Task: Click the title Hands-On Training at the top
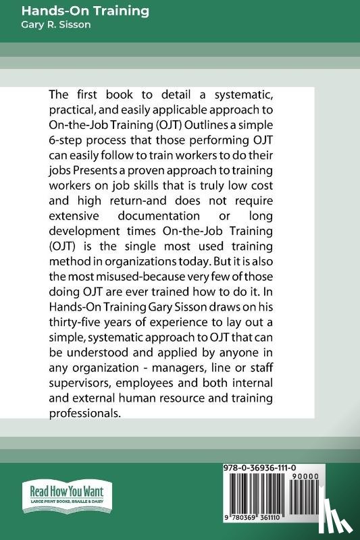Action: [86, 11]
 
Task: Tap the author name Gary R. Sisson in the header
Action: [56, 25]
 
